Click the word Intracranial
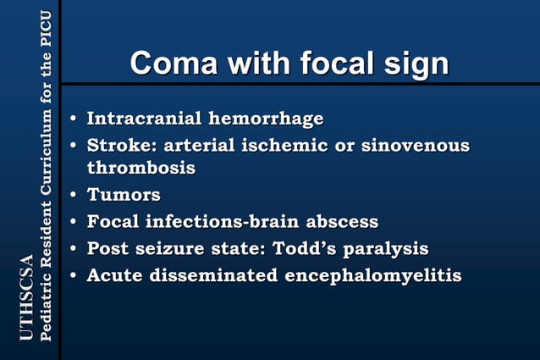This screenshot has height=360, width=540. click(x=142, y=118)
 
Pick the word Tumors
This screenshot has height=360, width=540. click(x=124, y=196)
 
